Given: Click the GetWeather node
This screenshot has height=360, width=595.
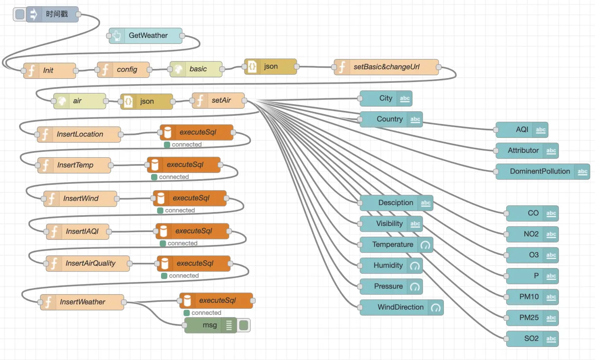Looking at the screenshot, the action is (x=146, y=36).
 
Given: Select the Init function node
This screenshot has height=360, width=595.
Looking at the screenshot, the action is (x=50, y=71).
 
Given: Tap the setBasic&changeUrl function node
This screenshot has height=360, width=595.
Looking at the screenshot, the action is (x=386, y=67).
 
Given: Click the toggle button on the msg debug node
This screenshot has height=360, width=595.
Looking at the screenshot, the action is (x=244, y=325).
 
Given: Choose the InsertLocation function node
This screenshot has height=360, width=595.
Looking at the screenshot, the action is (x=79, y=134).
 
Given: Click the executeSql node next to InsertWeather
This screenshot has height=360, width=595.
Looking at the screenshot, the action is (x=216, y=301).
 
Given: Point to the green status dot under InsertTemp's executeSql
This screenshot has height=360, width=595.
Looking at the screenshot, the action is (x=154, y=177).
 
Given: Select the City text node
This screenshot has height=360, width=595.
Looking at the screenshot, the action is (x=386, y=98).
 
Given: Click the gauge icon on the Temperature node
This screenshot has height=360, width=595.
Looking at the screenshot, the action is (x=425, y=245).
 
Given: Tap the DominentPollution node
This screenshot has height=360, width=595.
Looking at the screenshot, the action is (x=543, y=172).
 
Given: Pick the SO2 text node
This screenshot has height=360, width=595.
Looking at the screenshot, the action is (x=532, y=339).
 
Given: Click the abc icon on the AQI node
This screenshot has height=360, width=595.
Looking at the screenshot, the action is (x=541, y=130).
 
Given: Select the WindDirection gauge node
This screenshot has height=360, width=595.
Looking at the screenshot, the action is (x=401, y=307).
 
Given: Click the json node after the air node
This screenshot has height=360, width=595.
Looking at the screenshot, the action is (x=147, y=101).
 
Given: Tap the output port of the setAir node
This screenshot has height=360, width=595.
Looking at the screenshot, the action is (x=244, y=100).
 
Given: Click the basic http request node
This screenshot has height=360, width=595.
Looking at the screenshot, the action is (x=196, y=69).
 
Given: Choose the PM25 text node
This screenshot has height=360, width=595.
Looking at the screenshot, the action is (x=532, y=318).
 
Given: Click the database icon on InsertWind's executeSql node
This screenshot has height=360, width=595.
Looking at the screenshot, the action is (x=161, y=198).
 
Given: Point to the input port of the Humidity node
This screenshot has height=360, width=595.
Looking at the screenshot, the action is (x=360, y=266).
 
